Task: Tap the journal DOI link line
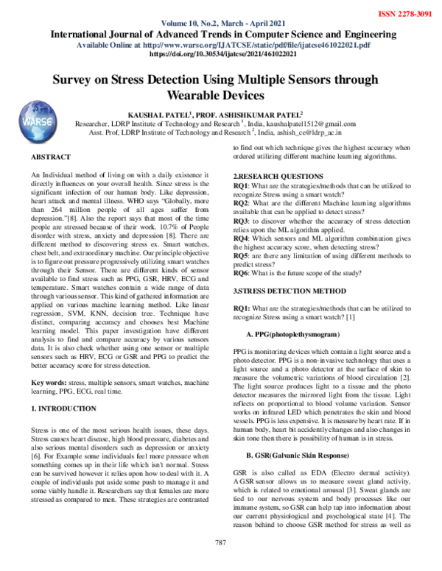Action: (221, 53)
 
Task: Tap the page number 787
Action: (220, 563)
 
